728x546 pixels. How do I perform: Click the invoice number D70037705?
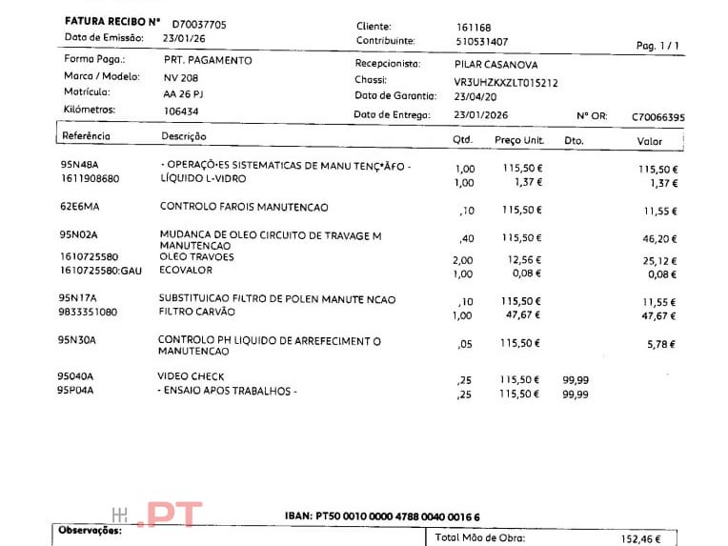[x=199, y=24]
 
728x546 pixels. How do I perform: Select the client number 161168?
[x=475, y=28]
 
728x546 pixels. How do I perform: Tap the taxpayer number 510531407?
[x=481, y=42]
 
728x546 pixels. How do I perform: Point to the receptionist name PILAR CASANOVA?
[x=496, y=65]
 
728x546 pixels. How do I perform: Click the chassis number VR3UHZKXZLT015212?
[x=505, y=83]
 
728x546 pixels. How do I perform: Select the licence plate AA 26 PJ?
[x=185, y=93]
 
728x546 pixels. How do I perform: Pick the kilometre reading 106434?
[x=181, y=111]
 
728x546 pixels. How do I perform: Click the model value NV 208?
[x=180, y=77]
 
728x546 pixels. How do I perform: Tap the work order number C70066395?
[x=657, y=116]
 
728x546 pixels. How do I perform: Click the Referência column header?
[x=86, y=136]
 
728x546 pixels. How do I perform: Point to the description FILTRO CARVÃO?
[x=195, y=312]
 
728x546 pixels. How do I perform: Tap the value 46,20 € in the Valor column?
[x=659, y=239]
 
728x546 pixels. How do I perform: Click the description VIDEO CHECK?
[x=191, y=376]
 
